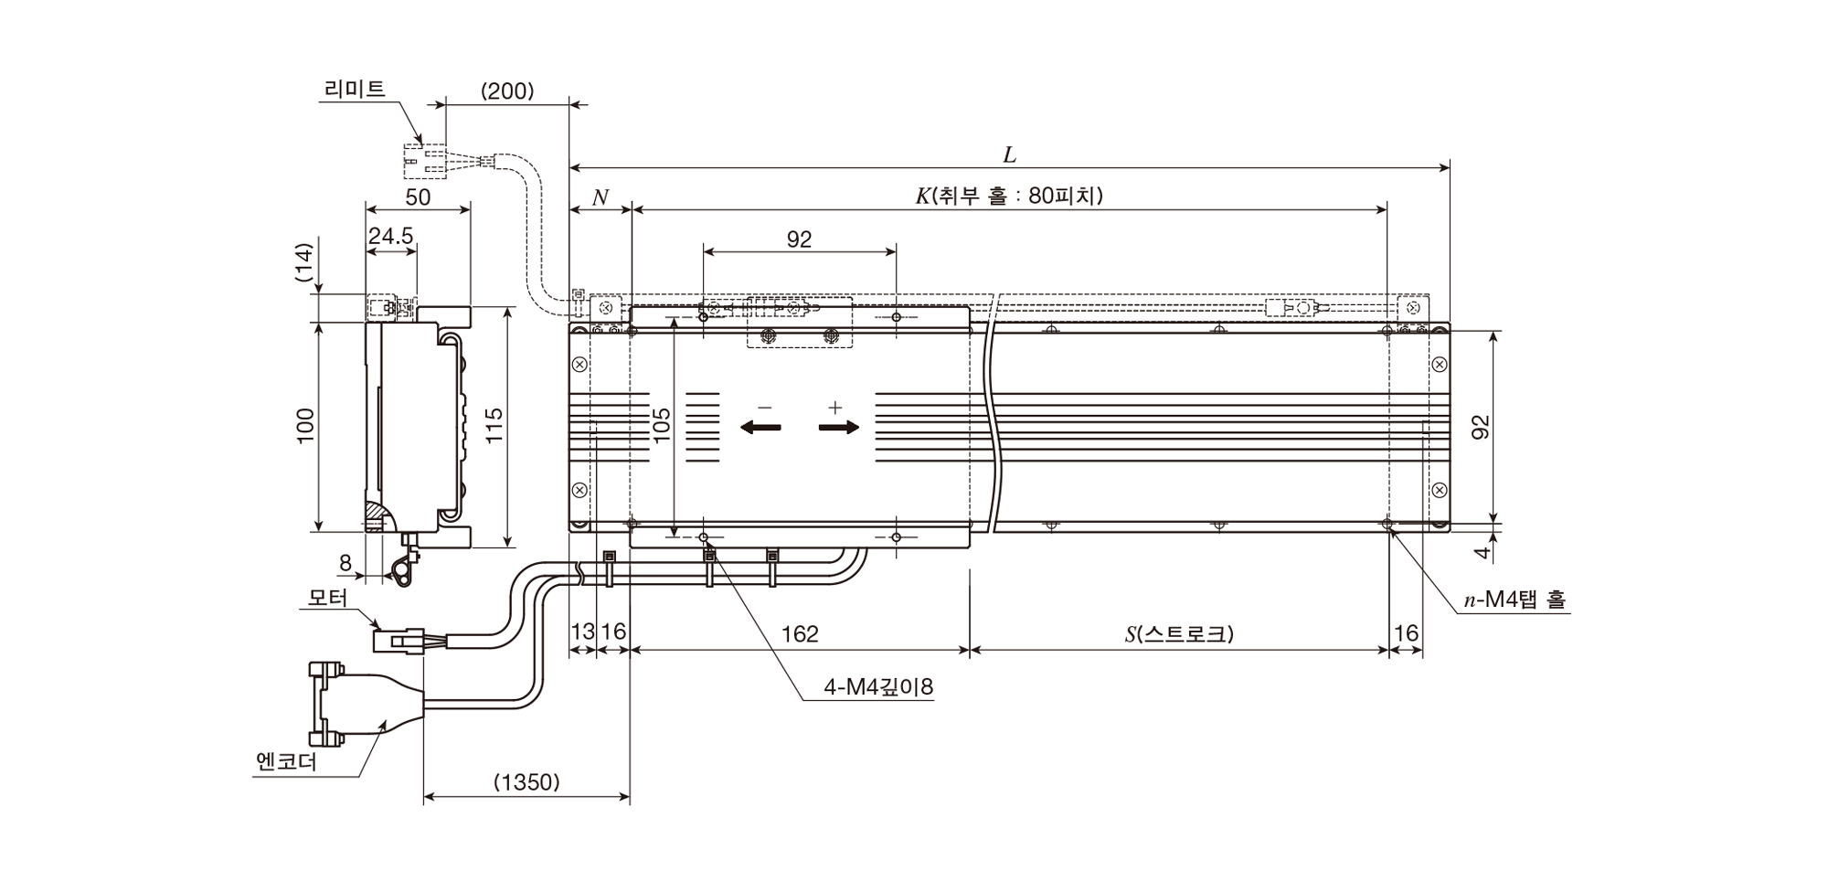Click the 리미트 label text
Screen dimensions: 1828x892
[x=355, y=89]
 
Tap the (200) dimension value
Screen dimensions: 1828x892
[x=507, y=90]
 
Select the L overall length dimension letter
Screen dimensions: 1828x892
[x=1010, y=154]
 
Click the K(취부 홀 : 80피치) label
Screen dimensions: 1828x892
[x=1010, y=196]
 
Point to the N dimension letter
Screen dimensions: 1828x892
[x=600, y=197]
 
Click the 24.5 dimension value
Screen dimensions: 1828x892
[x=391, y=236]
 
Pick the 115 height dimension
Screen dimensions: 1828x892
[x=494, y=426]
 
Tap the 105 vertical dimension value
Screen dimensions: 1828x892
[x=662, y=426]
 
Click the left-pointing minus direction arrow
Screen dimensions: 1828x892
[x=760, y=427]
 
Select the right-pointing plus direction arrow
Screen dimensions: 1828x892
[x=839, y=427]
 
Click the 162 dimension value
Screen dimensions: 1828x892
[x=801, y=633]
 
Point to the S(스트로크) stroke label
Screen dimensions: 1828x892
[x=1179, y=633]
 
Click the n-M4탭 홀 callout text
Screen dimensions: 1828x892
[x=1514, y=600]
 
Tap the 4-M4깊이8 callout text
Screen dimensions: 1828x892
[x=878, y=686]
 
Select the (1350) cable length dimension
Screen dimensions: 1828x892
[x=526, y=782]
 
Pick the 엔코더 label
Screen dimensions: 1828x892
[x=287, y=760]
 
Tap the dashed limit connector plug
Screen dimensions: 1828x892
[x=425, y=161]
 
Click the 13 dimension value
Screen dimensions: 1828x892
[x=582, y=632]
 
